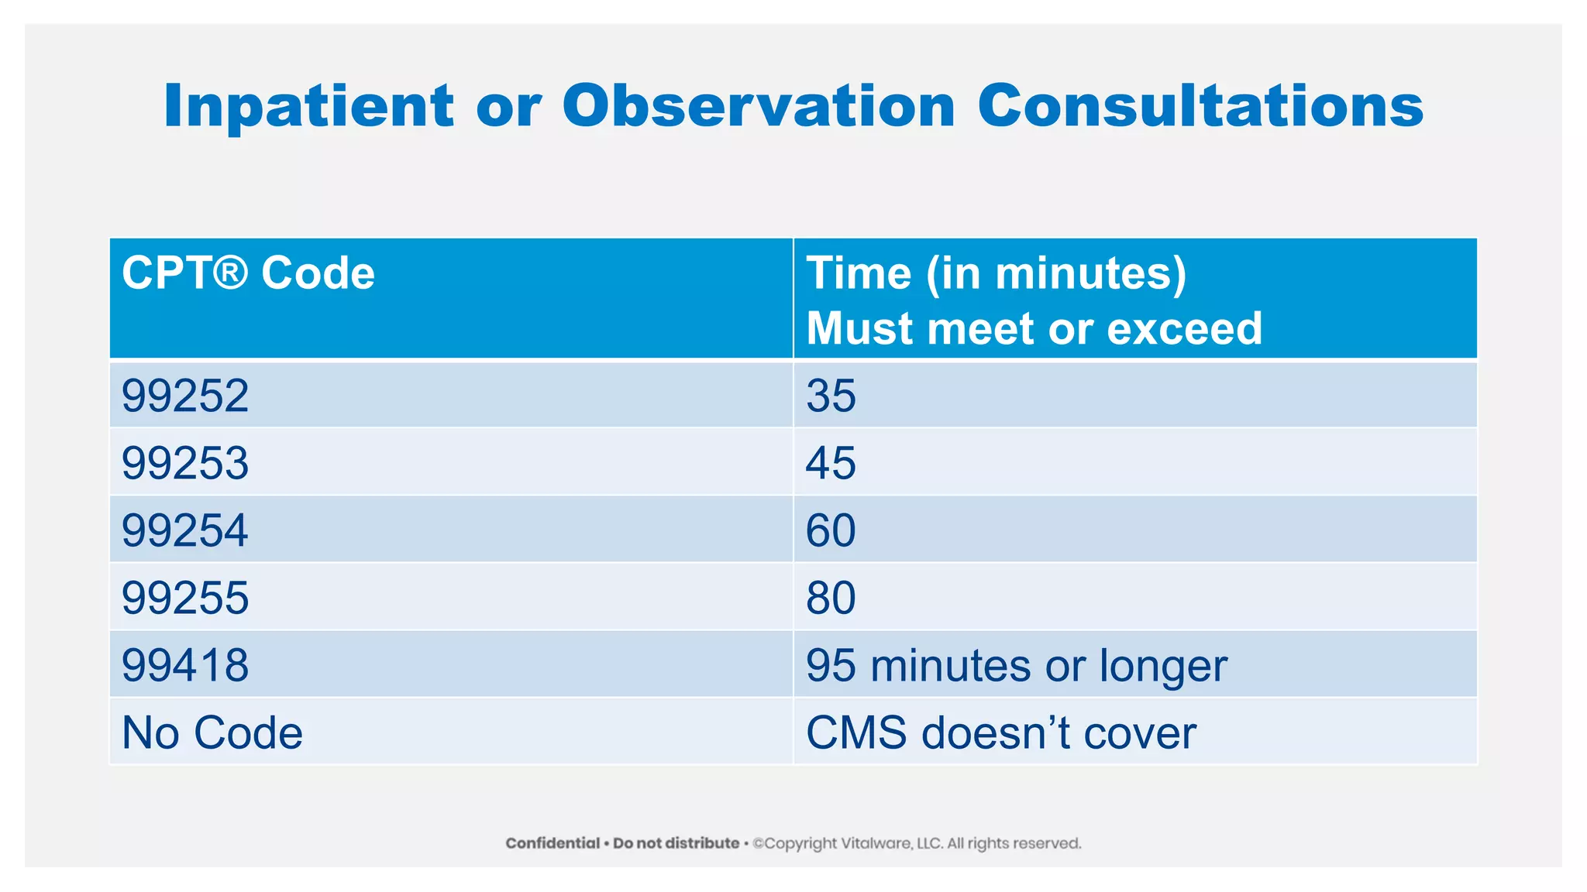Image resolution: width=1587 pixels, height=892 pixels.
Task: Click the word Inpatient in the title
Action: point(308,106)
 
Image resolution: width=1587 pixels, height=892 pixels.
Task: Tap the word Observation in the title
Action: point(759,106)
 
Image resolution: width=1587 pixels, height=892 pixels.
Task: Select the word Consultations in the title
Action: point(1200,106)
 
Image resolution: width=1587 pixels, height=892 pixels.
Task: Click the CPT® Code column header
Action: point(248,273)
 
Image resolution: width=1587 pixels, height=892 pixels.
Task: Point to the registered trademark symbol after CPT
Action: point(229,273)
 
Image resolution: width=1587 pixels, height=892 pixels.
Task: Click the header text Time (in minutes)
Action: point(996,273)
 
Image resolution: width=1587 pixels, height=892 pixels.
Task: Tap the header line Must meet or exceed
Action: point(1034,328)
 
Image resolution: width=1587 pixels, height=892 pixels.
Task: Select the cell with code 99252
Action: point(185,396)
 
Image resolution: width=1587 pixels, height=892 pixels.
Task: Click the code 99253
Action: point(185,463)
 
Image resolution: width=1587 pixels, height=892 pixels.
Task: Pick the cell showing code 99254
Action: point(185,530)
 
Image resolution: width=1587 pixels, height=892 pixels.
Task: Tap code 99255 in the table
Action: point(185,598)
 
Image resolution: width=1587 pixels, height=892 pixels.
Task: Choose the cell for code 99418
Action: point(185,665)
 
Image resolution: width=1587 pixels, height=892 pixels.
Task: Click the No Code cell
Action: point(212,732)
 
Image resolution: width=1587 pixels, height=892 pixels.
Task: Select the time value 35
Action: point(831,396)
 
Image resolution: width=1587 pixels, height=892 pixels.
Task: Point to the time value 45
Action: point(831,463)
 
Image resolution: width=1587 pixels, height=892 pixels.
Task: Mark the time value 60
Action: point(831,530)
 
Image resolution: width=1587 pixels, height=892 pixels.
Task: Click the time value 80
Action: point(831,598)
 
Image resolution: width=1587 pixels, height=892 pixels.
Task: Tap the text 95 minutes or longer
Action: point(1016,666)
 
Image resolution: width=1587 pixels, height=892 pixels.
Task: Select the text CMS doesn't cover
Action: point(1000,732)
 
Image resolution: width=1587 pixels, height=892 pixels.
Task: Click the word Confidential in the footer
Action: point(553,843)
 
